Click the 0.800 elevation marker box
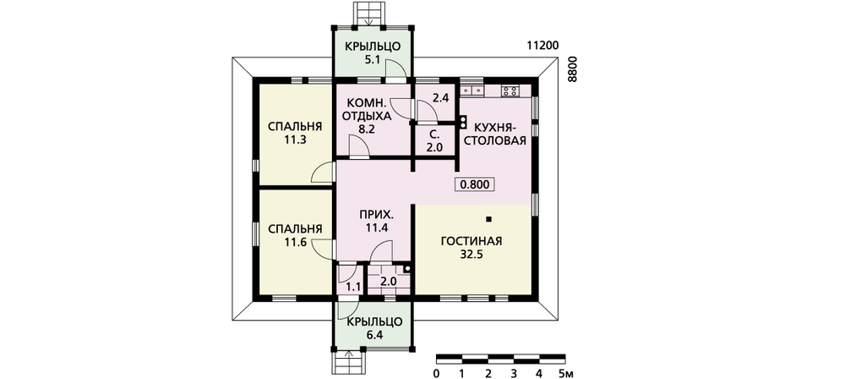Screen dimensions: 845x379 475,184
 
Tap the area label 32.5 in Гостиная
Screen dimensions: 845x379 472,255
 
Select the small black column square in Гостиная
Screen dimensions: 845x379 488,219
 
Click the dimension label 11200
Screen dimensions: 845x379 542,46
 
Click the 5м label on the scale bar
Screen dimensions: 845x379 565,373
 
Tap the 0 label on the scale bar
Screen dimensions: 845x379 436,373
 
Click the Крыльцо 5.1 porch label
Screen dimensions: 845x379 373,53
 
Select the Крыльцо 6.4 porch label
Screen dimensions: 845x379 374,329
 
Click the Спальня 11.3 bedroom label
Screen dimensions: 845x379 295,134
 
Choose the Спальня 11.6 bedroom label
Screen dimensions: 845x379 295,235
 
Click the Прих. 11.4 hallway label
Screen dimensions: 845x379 377,221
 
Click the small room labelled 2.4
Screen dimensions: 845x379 441,98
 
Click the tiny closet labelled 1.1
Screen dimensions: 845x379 352,287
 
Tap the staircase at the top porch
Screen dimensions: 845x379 370,13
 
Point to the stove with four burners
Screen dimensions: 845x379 510,91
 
